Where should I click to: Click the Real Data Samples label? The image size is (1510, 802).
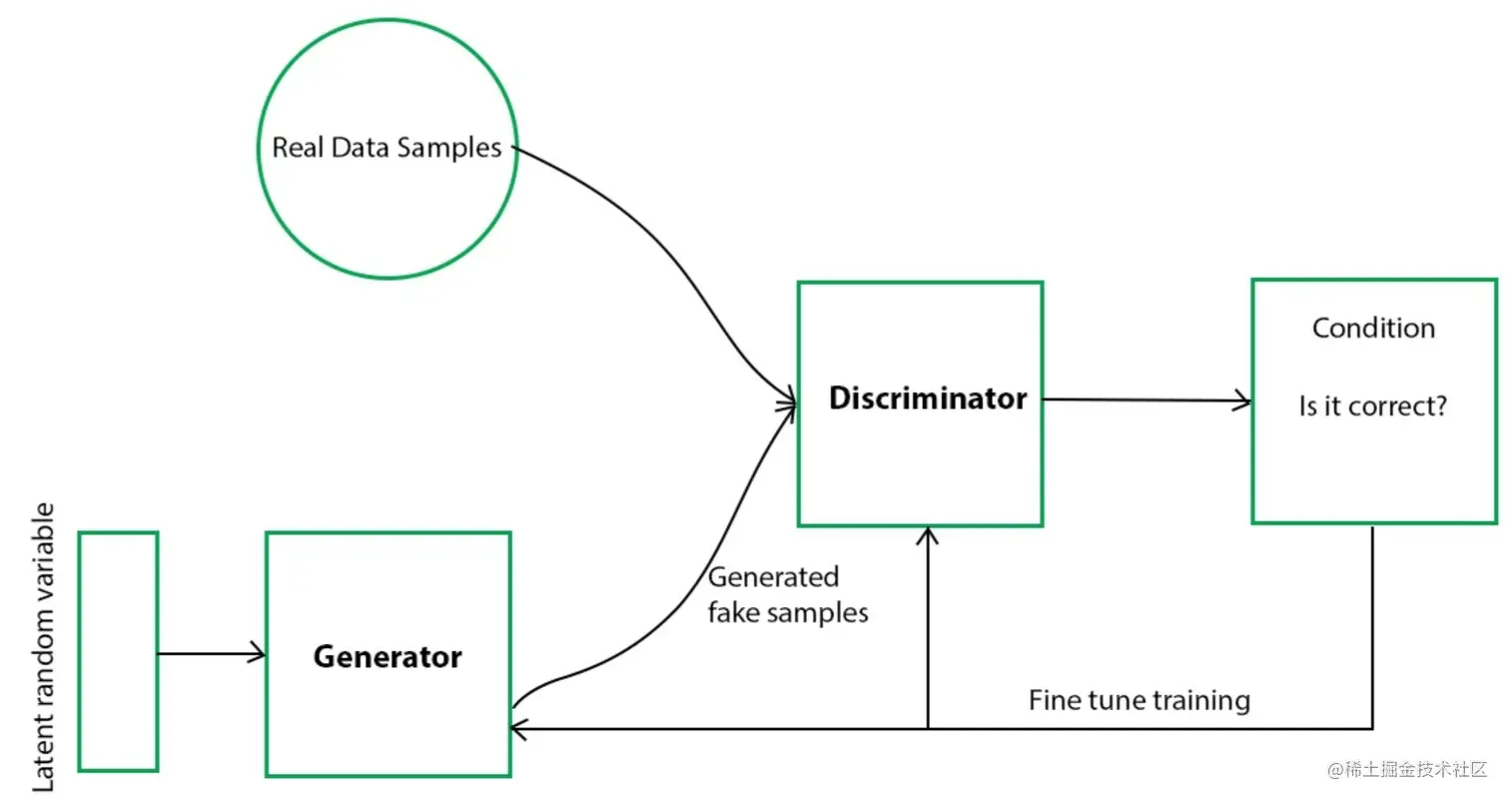pos(386,148)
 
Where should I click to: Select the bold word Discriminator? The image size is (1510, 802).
pos(927,399)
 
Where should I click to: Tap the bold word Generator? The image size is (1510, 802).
pos(387,656)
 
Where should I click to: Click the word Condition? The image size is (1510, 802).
pos(1373,328)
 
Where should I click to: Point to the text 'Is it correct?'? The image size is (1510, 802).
pos(1373,407)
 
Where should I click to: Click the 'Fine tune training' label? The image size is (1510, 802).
pos(1138,699)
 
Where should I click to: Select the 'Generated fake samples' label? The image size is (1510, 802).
pos(787,594)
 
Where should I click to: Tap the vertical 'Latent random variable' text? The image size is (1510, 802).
pos(44,649)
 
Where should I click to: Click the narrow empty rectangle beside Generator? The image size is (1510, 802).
pos(118,651)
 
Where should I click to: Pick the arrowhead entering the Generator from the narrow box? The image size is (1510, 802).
pos(259,654)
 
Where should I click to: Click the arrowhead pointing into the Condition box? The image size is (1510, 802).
pos(1244,401)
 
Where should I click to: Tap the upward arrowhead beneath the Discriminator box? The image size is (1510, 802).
pos(929,535)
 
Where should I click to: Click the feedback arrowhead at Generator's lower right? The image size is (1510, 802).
pos(517,728)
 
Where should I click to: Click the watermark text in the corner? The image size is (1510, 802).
pos(1407,770)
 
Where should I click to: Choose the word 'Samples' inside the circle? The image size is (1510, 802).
pos(449,148)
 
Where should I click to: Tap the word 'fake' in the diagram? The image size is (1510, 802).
pos(733,611)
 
